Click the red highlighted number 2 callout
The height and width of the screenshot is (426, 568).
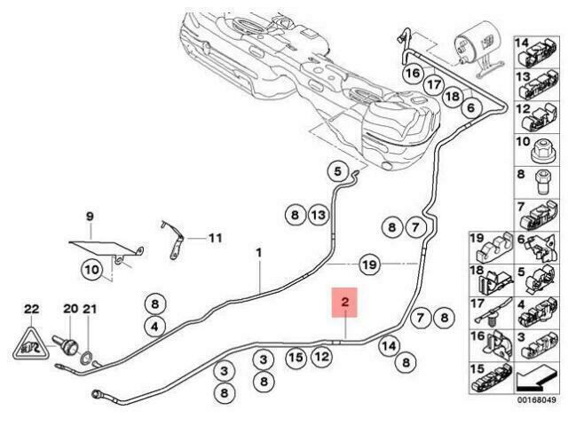(x=345, y=303)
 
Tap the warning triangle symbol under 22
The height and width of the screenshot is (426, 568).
(x=31, y=344)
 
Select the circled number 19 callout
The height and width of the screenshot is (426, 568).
(x=370, y=264)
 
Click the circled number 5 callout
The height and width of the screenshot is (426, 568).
(x=337, y=171)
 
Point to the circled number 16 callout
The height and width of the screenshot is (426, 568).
(x=413, y=74)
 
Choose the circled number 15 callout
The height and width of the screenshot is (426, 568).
(x=296, y=358)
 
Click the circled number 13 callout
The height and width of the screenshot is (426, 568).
(x=319, y=215)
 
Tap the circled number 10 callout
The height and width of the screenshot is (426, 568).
(x=92, y=270)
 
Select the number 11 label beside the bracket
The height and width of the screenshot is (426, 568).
(x=215, y=239)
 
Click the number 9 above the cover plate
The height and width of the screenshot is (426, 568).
(x=90, y=217)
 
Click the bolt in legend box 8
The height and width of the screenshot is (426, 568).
(x=542, y=182)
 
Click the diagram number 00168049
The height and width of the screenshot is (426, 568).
(x=536, y=400)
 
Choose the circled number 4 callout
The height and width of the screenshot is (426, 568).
(x=155, y=327)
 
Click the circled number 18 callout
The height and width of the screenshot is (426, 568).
(x=453, y=96)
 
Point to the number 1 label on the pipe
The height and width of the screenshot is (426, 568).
(x=259, y=252)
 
